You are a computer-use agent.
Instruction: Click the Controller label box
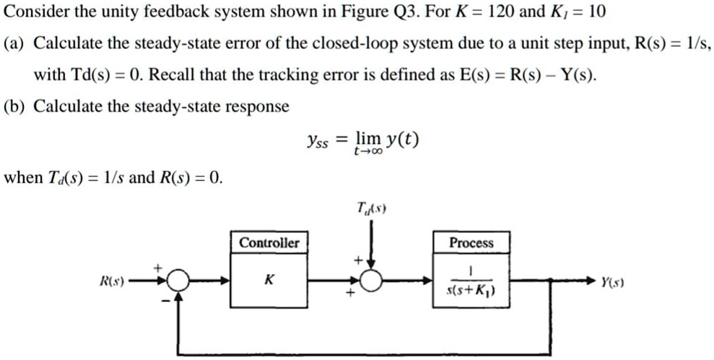269,242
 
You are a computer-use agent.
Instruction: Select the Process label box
471,243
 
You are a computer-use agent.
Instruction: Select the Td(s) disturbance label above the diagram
371,208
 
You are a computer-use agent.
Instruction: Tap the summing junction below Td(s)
372,281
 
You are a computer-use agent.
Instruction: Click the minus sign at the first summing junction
164,299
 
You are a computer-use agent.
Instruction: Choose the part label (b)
15,107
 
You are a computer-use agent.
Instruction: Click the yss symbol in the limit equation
316,142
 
